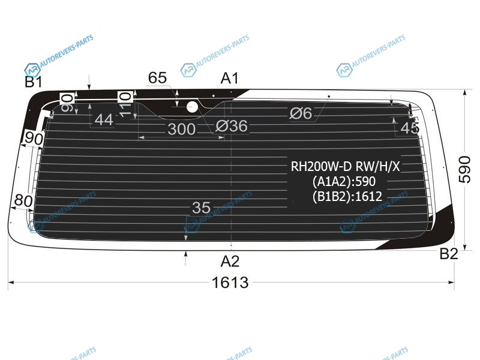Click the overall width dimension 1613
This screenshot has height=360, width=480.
click(230, 282)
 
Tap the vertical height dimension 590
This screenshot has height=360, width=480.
click(464, 169)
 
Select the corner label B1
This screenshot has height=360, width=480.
click(34, 82)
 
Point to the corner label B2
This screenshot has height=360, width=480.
click(449, 254)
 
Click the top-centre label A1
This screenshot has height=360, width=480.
click(230, 78)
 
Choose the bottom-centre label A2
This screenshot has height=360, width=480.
click(230, 262)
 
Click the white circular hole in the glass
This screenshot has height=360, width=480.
click(192, 107)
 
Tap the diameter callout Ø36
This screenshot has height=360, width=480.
click(232, 126)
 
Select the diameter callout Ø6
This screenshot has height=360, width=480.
click(301, 113)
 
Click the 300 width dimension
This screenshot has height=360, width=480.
click(182, 129)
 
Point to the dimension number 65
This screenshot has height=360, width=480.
click(157, 78)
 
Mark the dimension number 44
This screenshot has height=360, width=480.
click(104, 119)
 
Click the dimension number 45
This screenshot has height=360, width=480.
click(410, 128)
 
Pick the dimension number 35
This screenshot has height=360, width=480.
click(201, 208)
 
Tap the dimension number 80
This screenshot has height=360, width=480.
click(23, 201)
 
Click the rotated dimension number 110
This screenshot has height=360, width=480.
click(125, 104)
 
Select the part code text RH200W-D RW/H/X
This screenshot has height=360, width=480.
click(346, 167)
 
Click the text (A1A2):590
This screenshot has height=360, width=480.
click(344, 182)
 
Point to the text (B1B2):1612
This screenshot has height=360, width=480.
click(347, 196)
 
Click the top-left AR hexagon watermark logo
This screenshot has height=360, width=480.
click(32, 70)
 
